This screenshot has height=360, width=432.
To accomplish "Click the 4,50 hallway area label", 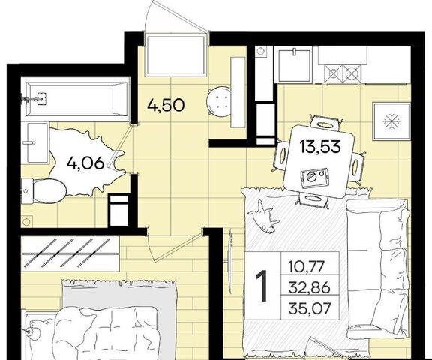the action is [166, 106].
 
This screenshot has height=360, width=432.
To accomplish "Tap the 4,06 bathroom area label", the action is [85, 163].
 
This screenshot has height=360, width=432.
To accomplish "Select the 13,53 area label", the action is [320, 147].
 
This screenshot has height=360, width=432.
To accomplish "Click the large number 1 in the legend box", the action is [262, 286].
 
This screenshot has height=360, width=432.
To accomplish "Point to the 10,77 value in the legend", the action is [305, 267].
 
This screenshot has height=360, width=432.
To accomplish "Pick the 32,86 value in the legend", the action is [309, 288].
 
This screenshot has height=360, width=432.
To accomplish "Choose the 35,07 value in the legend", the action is [309, 308].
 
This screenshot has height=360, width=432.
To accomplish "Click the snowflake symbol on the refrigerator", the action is [391, 121].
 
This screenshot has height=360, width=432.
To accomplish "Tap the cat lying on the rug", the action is [264, 217].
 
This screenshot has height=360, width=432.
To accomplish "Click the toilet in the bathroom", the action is [43, 191].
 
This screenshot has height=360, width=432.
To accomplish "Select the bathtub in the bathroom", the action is [75, 99].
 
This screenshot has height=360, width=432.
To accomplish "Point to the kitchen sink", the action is [295, 64].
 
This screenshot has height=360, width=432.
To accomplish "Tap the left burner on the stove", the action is [333, 73].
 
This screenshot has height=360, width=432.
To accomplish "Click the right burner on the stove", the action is [351, 73].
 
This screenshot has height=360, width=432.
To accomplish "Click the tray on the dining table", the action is [315, 178].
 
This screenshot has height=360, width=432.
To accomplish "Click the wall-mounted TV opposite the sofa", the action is [230, 261].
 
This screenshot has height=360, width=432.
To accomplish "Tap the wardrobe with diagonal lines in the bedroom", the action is [70, 253].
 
